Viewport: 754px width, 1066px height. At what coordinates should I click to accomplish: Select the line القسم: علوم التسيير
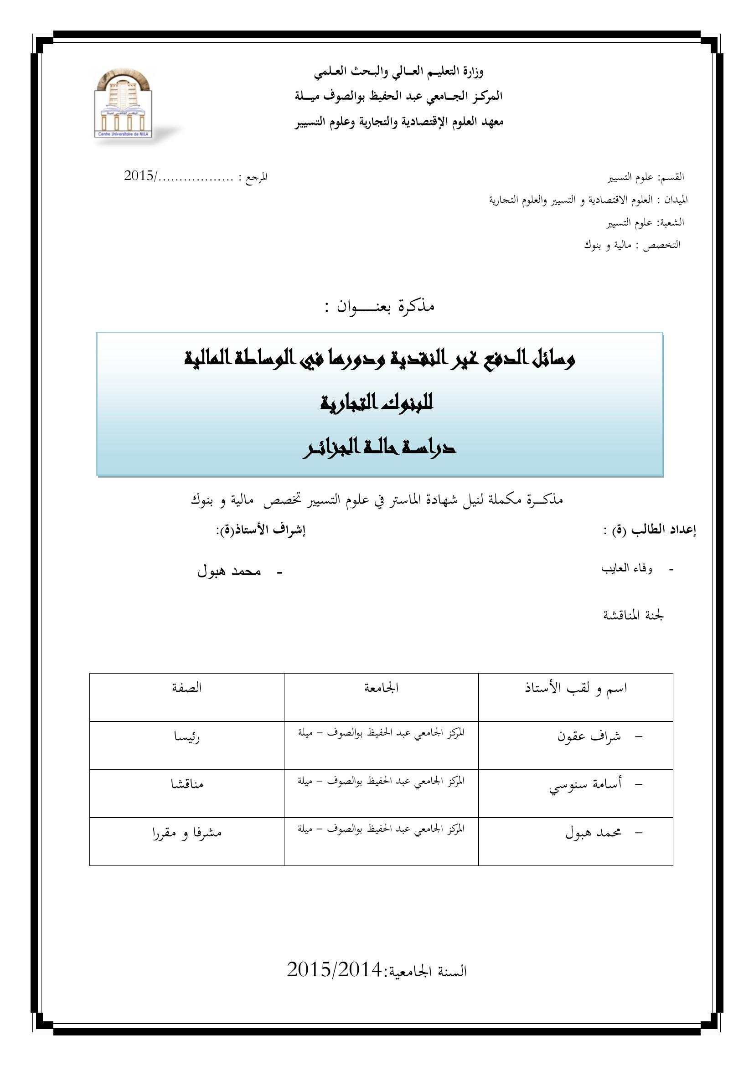(646, 177)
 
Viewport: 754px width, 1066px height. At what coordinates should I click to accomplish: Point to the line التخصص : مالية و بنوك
(632, 245)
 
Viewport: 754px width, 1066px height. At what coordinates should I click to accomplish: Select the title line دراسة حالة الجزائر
(379, 448)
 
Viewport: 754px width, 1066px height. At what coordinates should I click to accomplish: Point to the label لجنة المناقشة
(633, 616)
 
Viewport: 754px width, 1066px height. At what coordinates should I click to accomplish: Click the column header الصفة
(186, 688)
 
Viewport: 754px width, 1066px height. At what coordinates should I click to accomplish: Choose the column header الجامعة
(381, 688)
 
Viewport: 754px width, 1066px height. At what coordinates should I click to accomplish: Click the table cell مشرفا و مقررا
(186, 833)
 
